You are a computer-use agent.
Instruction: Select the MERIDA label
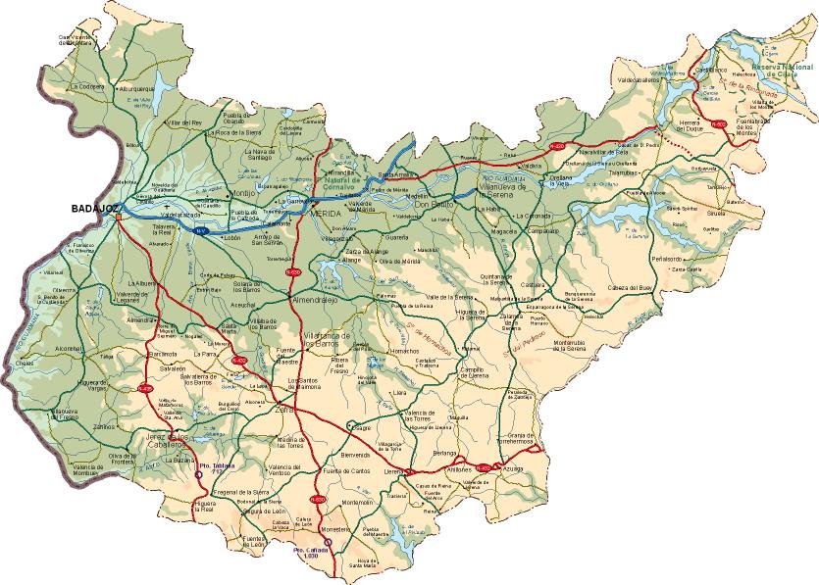pyautogui.click(x=326, y=213)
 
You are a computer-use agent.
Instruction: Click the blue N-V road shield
pyautogui.click(x=200, y=231)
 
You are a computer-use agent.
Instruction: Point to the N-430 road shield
pyautogui.click(x=557, y=146)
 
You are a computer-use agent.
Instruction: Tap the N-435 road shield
pyautogui.click(x=145, y=388)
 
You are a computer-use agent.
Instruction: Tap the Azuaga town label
pyautogui.click(x=513, y=470)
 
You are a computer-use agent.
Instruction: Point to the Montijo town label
pyautogui.click(x=241, y=194)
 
